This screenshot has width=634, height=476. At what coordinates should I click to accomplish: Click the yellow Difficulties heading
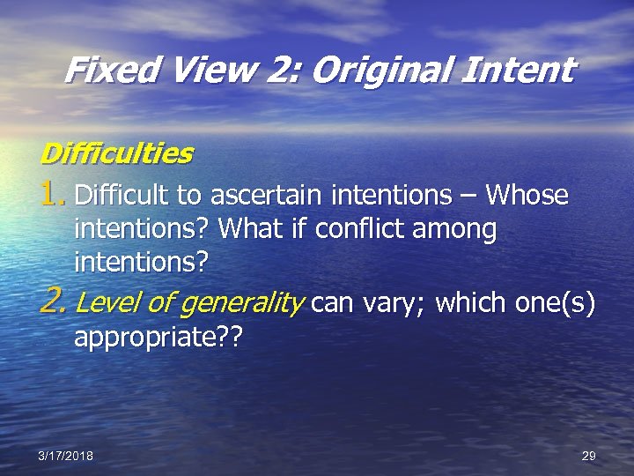click(x=116, y=153)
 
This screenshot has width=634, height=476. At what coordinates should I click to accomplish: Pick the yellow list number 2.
click(x=54, y=303)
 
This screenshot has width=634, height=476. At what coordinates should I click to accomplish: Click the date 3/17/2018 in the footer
click(x=67, y=456)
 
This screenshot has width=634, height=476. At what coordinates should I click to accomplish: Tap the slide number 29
click(x=589, y=456)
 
